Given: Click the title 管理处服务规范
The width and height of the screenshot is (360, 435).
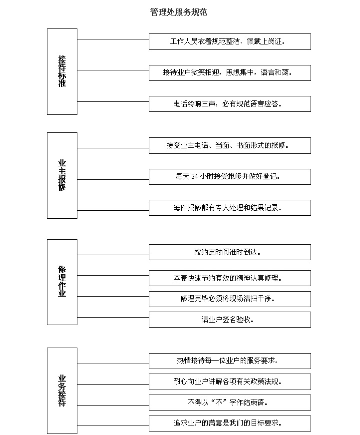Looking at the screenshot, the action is [x=179, y=12].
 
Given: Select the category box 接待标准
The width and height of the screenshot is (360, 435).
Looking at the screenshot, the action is [x=62, y=71].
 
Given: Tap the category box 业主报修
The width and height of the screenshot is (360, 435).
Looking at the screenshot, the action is [x=62, y=175].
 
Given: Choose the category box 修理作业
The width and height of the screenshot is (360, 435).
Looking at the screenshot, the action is [x=62, y=282].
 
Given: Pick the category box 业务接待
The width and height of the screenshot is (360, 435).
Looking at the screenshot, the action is [x=62, y=391].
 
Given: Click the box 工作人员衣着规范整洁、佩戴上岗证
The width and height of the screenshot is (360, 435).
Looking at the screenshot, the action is [x=230, y=41].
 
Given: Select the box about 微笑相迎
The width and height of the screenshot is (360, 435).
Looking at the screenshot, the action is [x=230, y=73].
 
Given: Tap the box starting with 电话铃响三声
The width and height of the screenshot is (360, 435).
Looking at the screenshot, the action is [x=230, y=104].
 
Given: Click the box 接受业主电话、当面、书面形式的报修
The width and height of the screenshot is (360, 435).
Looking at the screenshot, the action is [x=230, y=145].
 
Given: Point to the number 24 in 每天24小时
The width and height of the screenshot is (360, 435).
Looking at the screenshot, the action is [x=195, y=176].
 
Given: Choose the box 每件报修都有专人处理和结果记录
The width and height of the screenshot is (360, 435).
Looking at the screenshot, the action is [x=230, y=208].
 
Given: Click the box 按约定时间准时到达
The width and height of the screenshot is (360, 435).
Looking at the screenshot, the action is [x=230, y=252].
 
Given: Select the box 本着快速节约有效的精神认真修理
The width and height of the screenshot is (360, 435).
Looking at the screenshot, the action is [x=230, y=278].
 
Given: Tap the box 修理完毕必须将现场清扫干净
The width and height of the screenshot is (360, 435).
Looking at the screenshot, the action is [x=230, y=299].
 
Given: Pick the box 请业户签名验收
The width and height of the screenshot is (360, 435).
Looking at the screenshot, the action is [x=230, y=320].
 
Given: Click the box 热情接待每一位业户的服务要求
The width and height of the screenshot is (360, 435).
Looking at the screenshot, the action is [x=230, y=361].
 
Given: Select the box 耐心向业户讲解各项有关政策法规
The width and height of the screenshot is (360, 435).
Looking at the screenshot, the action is [x=230, y=382].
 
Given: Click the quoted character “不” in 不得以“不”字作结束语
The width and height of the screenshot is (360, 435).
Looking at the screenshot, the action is [x=219, y=402].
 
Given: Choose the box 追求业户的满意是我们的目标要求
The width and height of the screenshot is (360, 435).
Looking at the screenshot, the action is [x=230, y=424].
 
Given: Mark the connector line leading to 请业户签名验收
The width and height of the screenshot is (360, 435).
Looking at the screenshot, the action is [x=113, y=317].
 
